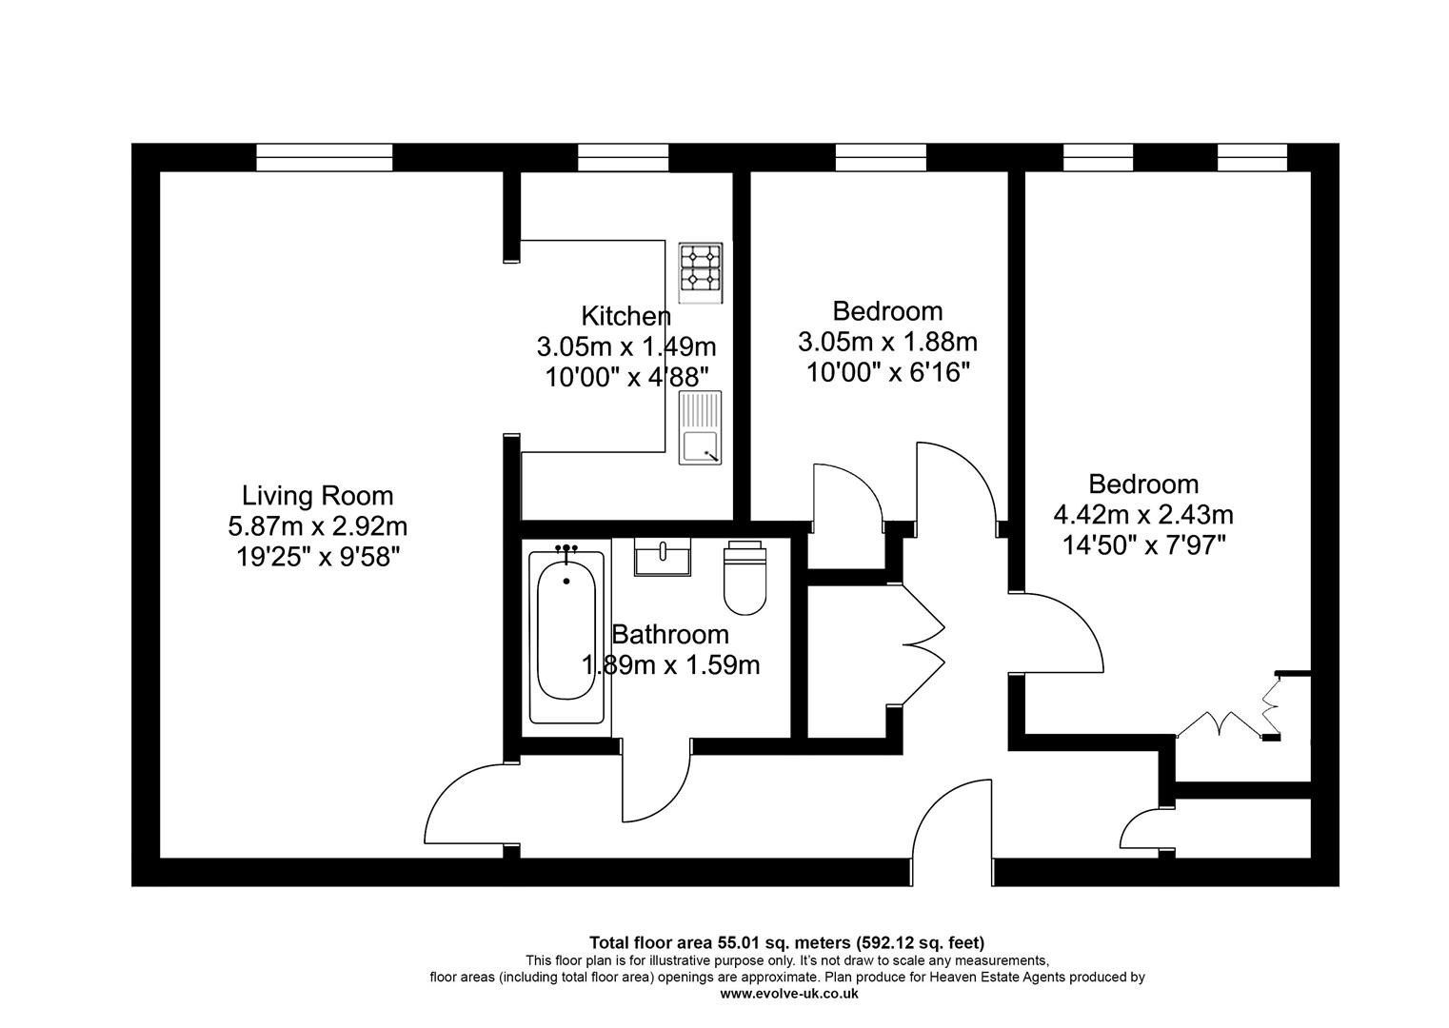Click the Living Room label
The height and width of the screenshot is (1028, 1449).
pyautogui.click(x=317, y=495)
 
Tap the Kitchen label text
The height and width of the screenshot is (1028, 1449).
pyautogui.click(x=625, y=316)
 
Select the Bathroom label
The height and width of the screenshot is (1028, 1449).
pyautogui.click(x=669, y=634)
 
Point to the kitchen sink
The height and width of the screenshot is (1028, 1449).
pyautogui.click(x=700, y=427)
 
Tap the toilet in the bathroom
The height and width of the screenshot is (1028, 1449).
pyautogui.click(x=744, y=579)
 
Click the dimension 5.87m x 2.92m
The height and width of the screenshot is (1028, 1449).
pyautogui.click(x=317, y=525)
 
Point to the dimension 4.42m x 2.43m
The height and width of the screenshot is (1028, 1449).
pyautogui.click(x=1142, y=515)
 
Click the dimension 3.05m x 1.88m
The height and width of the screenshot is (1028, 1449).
pyautogui.click(x=887, y=341)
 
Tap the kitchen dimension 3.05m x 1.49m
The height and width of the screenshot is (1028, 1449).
pyautogui.click(x=625, y=346)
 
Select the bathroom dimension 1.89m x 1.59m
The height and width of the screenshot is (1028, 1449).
pyautogui.click(x=670, y=664)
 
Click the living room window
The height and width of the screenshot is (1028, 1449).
pyautogui.click(x=324, y=157)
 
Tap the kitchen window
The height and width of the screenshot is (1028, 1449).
pyautogui.click(x=623, y=157)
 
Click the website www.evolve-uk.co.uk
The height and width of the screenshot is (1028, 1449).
pyautogui.click(x=788, y=993)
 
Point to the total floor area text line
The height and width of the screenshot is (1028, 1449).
pyautogui.click(x=786, y=943)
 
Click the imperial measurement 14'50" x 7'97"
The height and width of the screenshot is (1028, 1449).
pyautogui.click(x=1142, y=545)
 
